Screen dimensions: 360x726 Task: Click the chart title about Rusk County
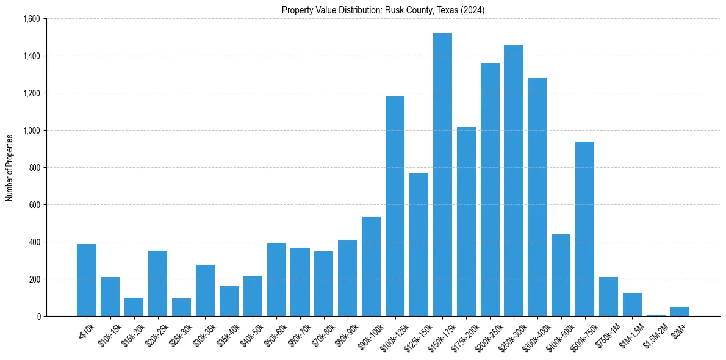(383, 10)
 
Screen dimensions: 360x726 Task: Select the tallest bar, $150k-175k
(442, 175)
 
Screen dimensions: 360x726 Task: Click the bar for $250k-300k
(514, 181)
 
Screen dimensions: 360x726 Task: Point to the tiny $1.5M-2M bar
(656, 315)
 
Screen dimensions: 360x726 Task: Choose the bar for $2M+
(680, 311)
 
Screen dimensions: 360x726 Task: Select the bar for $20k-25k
(157, 283)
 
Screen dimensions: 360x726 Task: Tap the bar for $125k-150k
(419, 245)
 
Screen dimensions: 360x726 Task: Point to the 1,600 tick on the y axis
(31, 19)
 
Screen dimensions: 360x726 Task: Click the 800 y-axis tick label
(34, 168)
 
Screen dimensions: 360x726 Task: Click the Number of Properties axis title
(10, 168)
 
